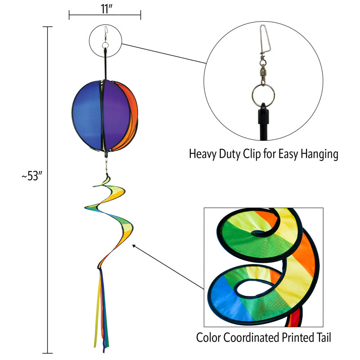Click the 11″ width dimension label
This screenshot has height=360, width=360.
click(106, 9)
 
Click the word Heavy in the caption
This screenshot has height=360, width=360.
click(202, 154)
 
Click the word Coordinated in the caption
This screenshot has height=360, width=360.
click(255, 337)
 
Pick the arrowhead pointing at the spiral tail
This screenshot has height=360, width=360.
click(134, 245)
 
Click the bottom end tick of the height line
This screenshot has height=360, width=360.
click(48, 353)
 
